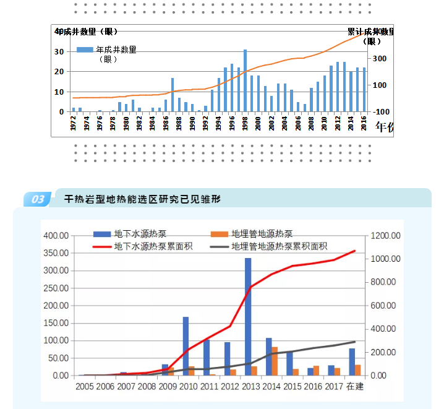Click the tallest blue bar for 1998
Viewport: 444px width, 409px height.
(x=245, y=80)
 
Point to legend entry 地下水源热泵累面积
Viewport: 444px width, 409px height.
(x=153, y=246)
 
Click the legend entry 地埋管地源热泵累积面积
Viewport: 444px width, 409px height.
(x=279, y=246)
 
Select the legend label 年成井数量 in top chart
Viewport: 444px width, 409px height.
(x=116, y=50)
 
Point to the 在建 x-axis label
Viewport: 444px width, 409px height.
(x=355, y=387)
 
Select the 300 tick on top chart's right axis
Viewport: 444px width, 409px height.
(x=379, y=59)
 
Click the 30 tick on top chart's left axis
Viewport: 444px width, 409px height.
(x=60, y=51)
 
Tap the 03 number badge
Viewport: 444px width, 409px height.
(x=38, y=199)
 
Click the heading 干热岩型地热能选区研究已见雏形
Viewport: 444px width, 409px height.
(x=143, y=199)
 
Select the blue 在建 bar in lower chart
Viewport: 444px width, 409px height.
(x=352, y=362)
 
